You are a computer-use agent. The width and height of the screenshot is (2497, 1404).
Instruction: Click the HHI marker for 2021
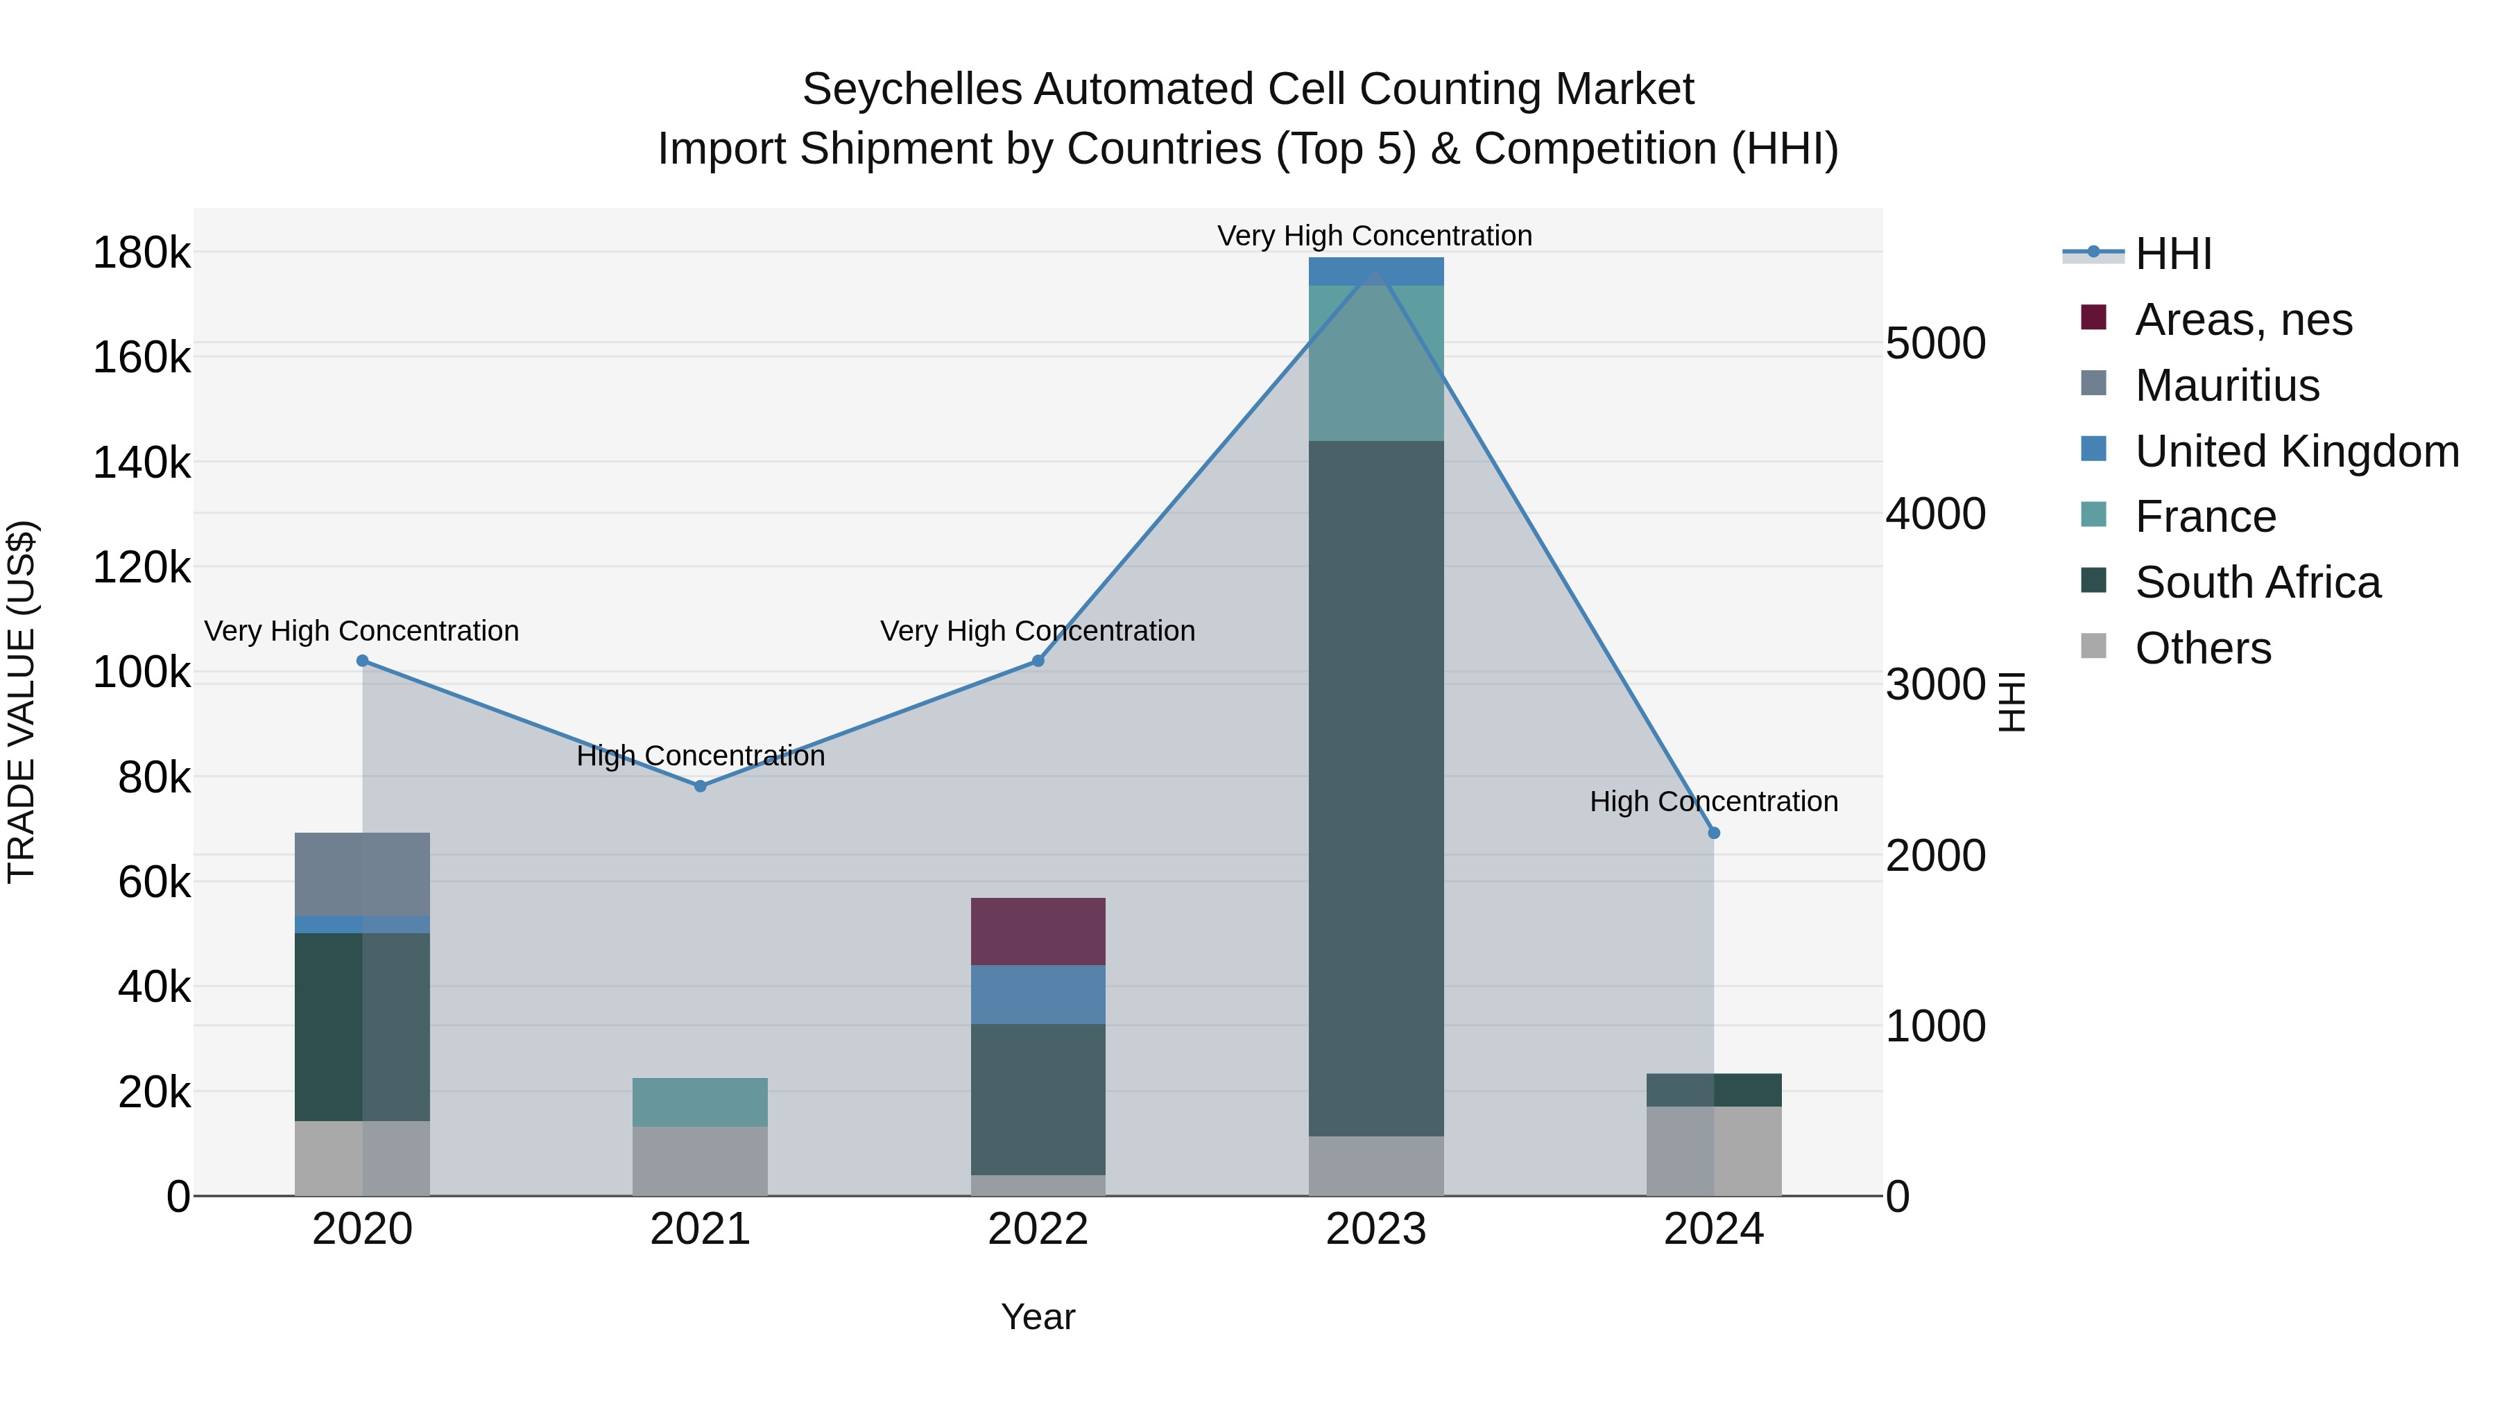click(700, 786)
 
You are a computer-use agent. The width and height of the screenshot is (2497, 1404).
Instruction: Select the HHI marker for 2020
click(363, 661)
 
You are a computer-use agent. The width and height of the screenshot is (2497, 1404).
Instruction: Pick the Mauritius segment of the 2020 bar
click(363, 873)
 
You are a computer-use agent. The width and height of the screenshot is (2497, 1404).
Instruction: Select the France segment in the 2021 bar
click(700, 1102)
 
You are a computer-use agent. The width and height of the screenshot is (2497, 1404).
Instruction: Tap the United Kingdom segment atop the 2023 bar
click(1375, 271)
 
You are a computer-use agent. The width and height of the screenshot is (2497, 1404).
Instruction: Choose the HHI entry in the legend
click(2172, 254)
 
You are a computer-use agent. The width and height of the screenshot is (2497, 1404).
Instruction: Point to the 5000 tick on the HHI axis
click(1934, 344)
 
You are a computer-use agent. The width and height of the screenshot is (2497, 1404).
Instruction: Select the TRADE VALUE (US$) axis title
click(22, 702)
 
